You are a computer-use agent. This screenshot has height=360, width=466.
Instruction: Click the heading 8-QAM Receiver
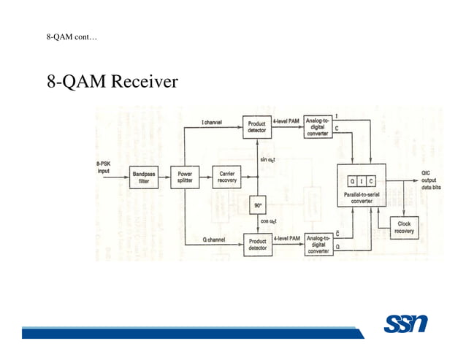[112, 81]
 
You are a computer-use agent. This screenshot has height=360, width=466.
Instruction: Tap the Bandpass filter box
[143, 177]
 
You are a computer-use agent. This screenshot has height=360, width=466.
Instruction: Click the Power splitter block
[185, 177]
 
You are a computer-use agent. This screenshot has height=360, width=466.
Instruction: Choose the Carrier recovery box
[227, 177]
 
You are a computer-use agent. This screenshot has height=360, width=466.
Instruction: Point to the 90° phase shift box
[258, 206]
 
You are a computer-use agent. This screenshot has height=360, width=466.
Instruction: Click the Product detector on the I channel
[257, 128]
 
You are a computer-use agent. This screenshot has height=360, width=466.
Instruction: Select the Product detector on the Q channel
[257, 244]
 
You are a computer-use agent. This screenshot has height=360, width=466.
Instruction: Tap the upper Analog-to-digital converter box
[318, 128]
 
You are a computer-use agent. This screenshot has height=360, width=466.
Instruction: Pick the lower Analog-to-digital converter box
[318, 244]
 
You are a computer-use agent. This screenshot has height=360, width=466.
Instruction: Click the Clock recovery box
[404, 227]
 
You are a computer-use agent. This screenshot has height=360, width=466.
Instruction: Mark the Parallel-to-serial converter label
[362, 197]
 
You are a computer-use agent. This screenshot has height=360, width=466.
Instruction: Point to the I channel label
[212, 122]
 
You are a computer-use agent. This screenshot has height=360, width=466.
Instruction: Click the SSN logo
[405, 324]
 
